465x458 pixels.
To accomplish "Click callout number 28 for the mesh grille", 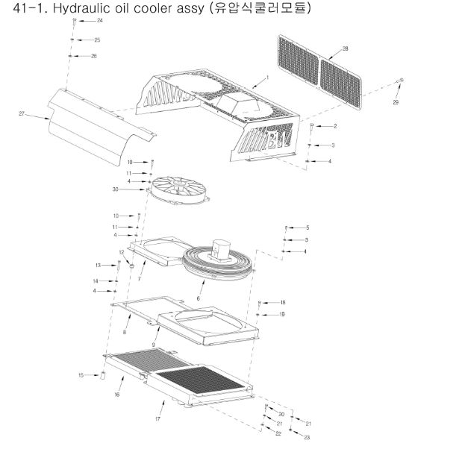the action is click(x=345, y=48).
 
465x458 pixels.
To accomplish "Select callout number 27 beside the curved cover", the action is click(x=22, y=113).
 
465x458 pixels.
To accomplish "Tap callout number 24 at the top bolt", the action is click(x=100, y=20).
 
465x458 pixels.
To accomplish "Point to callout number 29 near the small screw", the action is click(x=396, y=102).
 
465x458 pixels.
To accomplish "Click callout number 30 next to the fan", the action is click(x=116, y=189).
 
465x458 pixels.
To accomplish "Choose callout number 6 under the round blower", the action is click(x=198, y=298).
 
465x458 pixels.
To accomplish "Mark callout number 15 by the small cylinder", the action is click(x=81, y=375).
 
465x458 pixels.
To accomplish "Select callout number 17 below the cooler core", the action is click(x=157, y=419).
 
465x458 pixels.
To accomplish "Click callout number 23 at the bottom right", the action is click(x=307, y=437).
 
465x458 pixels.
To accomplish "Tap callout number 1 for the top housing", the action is click(x=267, y=78).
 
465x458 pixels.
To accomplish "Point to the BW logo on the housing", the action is click(x=279, y=137).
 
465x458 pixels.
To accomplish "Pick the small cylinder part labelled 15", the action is click(x=103, y=375).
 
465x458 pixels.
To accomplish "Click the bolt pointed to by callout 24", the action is click(x=75, y=22).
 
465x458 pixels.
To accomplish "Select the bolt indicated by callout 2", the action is click(x=311, y=127).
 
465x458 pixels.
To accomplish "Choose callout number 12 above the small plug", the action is click(x=122, y=252).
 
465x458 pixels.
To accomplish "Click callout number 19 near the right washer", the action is click(x=281, y=314).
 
